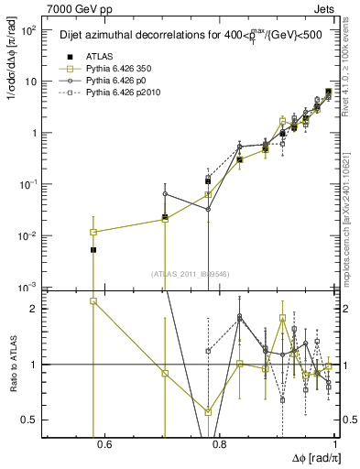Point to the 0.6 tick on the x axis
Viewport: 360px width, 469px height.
point(104,446)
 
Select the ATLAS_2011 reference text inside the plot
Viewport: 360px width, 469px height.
point(191,274)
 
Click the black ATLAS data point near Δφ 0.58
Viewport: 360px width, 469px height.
point(93,249)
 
